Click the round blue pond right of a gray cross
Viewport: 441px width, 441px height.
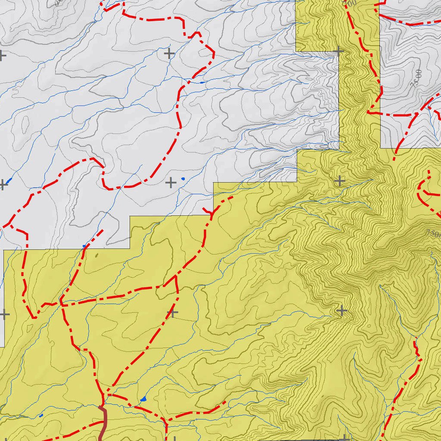183,178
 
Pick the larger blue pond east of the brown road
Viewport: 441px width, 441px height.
143,399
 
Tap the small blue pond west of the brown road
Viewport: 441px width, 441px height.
41,416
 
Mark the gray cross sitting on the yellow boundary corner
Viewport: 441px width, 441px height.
339,51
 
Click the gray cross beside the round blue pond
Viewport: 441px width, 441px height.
171,183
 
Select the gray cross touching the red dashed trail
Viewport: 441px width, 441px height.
172,313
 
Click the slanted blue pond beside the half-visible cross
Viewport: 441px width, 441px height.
9,180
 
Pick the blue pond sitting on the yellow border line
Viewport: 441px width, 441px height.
84,246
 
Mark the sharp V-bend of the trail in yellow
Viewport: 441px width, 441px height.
34,317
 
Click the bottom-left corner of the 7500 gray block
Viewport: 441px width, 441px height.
381,148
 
